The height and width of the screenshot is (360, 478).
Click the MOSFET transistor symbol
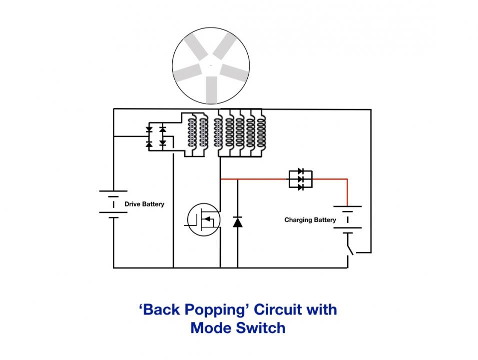pos(203,219)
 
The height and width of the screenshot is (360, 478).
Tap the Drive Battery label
pos(144,204)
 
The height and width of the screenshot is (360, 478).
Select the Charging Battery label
pos(310,220)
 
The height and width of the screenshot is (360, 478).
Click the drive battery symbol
pos(113,204)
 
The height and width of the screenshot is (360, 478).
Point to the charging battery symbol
pos(348,219)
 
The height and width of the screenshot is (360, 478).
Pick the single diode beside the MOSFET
pos(237,222)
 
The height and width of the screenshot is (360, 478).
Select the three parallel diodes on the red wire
pos(301,179)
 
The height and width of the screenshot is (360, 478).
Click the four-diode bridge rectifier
pos(156,136)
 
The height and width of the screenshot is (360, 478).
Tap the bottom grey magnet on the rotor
pos(211,90)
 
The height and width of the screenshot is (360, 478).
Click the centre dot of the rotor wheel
pos(211,65)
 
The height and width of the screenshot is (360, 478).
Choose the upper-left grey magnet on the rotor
pos(197,46)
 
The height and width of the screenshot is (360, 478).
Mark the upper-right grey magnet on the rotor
pos(225,46)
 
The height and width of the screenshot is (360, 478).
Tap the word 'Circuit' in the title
pos(278,309)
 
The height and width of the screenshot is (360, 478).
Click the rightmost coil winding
pos(261,133)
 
